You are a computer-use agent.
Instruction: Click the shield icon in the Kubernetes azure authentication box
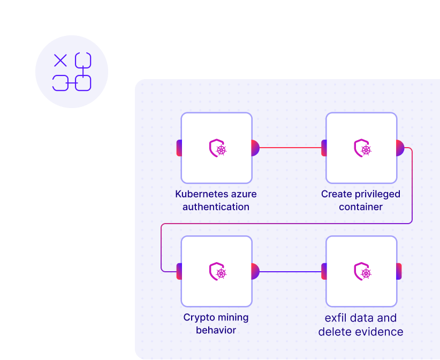218,148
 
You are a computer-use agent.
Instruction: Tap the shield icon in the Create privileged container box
362,148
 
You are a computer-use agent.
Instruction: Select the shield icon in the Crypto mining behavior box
218,271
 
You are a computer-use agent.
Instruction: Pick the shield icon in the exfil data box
362,271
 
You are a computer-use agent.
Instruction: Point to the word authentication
216,207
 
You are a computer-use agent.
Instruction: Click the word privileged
377,194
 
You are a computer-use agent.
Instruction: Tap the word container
361,207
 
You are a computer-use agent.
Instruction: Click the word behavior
216,330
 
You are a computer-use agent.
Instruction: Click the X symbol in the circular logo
60,60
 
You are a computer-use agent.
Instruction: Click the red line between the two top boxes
291,148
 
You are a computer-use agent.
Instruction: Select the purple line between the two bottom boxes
291,271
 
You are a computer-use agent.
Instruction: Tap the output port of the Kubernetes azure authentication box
255,148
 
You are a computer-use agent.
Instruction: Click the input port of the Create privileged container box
324,148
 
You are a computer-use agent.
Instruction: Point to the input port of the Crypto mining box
179,271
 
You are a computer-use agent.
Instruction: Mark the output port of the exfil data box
399,271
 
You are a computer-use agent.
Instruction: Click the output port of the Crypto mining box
255,271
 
